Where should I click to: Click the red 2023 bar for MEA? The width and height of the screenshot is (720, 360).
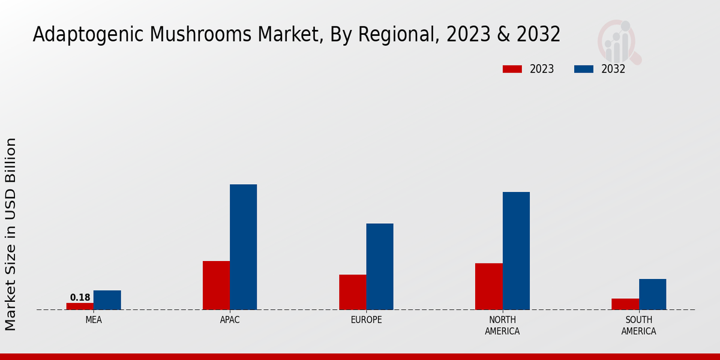coord(80,306)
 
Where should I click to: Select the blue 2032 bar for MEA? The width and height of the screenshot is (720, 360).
coord(107,300)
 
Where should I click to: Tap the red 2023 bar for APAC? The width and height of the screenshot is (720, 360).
coord(216,285)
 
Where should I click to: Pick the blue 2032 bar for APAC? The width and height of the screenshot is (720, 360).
coord(243,247)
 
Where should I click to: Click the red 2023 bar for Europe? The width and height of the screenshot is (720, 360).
coord(352,292)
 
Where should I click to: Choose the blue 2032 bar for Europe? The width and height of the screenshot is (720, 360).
coord(380,266)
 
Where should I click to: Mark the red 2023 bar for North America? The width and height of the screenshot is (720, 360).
coord(488,286)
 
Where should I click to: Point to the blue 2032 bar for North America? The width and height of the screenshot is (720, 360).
coord(516,251)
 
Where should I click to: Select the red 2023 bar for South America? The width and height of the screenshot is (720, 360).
coord(625,304)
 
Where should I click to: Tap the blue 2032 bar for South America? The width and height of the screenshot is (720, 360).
coord(652,294)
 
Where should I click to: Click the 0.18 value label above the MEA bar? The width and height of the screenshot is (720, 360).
coord(80,298)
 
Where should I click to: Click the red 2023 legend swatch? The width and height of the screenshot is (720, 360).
coord(512,69)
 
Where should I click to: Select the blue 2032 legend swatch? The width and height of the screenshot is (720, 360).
coord(583,69)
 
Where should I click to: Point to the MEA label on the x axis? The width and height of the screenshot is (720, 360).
coord(94,320)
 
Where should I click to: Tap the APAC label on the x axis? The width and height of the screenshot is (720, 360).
coord(230,320)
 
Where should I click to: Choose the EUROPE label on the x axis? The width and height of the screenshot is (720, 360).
coord(366,320)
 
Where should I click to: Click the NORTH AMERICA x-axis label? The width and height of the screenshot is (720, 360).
coord(502,325)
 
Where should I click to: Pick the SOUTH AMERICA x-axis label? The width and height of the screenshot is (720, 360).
coord(638,325)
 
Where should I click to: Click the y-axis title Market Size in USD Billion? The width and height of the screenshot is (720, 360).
coord(11,234)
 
